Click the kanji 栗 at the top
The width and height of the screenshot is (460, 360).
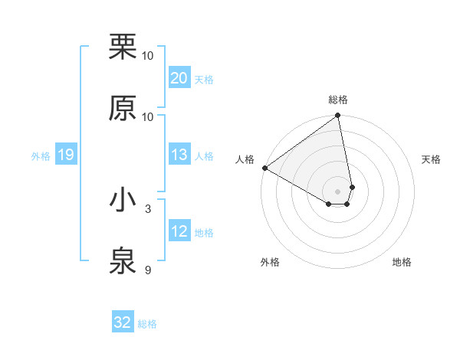123,47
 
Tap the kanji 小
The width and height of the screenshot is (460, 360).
123,200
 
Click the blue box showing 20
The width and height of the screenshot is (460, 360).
179,78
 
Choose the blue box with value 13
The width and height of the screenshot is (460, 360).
179,155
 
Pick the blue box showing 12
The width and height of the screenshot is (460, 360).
179,231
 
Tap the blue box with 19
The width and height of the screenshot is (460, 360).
65,155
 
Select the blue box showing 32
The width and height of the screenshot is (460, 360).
123,322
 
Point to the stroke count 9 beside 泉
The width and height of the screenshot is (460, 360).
148,270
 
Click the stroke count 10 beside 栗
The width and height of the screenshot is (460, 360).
148,56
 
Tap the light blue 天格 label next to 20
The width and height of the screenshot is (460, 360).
204,79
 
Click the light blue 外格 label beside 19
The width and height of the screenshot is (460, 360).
41,155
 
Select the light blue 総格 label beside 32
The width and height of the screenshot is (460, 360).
147,323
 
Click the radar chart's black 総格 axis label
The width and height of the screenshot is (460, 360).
338,100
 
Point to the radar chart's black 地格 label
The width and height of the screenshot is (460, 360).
402,262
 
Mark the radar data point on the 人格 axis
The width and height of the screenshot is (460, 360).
264,168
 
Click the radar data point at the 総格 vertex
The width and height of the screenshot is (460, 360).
338,116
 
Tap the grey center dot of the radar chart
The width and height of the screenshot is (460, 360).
338,191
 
